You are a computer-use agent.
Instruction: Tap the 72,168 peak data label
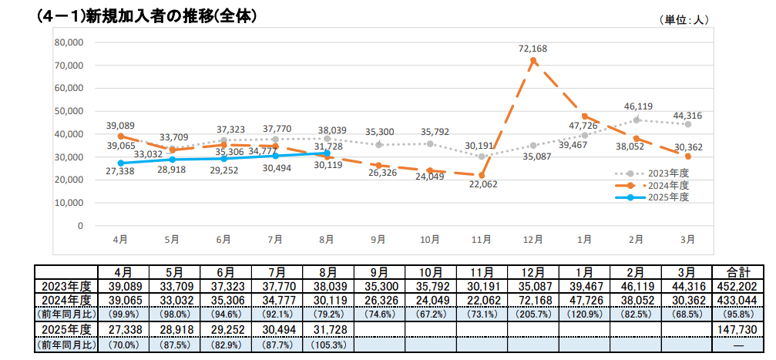[532, 49]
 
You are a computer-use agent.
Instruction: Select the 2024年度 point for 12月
[533, 61]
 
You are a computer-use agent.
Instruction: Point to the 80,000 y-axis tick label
[69, 42]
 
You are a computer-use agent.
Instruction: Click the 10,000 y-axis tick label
[69, 203]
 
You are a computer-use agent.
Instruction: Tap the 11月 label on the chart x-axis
[482, 240]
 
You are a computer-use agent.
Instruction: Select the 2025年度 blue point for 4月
[120, 163]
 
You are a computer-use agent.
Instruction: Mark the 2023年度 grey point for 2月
[637, 119]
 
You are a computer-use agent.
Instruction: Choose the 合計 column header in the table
[738, 272]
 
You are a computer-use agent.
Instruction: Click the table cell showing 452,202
[738, 286]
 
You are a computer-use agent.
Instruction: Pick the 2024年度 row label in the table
[66, 299]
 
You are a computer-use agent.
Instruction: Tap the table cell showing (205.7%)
[533, 313]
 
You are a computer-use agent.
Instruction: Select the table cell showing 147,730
[738, 329]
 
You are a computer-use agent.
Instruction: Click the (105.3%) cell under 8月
[328, 345]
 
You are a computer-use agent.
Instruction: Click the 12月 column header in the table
[533, 272]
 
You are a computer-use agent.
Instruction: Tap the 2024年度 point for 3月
[687, 156]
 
